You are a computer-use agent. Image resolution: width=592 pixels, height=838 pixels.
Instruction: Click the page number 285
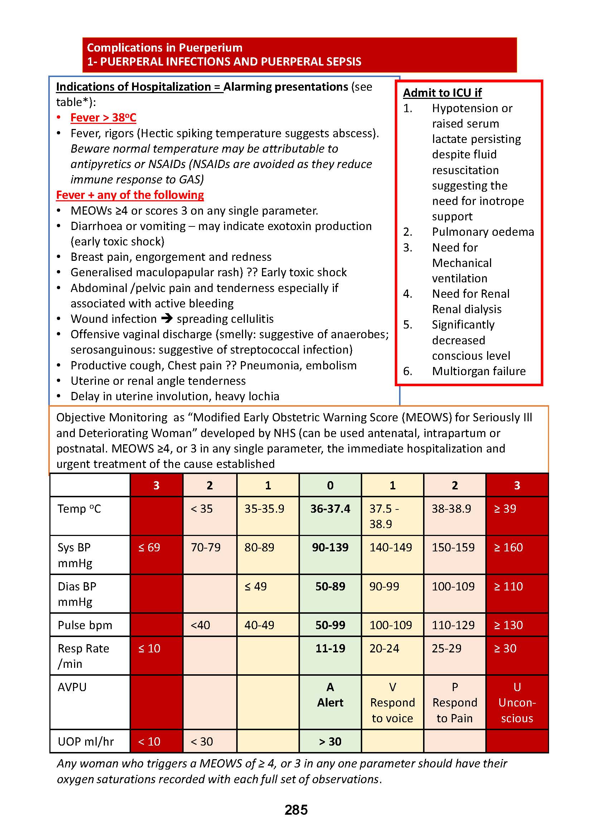coord(296,810)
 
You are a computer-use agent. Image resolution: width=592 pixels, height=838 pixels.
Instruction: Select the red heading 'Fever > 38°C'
coord(103,118)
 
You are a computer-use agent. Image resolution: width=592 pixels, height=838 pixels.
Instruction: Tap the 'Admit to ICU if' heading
coord(442,93)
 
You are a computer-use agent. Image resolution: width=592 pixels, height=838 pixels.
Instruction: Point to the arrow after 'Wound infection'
coord(167,318)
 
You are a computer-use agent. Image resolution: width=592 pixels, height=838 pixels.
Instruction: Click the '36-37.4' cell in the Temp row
coord(330,509)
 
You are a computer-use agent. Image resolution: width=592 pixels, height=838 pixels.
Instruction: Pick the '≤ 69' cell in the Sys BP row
coord(150,547)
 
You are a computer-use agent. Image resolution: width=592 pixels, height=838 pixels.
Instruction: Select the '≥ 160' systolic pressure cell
coord(508,547)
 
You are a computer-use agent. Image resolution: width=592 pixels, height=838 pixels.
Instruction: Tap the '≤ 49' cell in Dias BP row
coord(256,586)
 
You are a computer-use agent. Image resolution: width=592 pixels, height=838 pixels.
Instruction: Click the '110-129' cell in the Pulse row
coord(453,625)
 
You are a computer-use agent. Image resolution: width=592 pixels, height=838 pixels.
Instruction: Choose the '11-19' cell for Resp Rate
coord(330,648)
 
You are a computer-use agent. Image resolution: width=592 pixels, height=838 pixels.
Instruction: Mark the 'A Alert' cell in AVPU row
coord(330,695)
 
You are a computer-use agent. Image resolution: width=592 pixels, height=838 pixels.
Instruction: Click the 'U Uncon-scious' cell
coord(517,703)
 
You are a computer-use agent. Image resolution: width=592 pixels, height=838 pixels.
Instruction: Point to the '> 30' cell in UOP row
coord(330,742)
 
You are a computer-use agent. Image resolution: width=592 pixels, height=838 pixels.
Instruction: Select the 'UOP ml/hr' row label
coord(86,742)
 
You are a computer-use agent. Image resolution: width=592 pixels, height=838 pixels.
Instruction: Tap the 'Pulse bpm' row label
coord(85,625)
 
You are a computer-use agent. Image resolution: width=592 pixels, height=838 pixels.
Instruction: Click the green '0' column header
coord(330,485)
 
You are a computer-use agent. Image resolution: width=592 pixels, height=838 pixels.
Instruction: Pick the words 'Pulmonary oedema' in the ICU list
coord(482,232)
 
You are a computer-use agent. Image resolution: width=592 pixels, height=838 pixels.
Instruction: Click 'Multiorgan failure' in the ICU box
coord(479,371)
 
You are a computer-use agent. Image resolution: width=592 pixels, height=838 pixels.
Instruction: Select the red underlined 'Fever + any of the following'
coord(130,195)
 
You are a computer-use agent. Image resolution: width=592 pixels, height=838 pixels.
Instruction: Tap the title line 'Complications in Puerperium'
coord(164,47)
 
